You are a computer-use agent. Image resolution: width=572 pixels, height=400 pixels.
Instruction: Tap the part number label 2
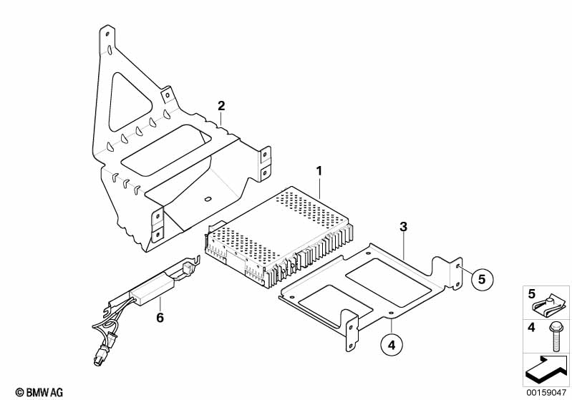221,106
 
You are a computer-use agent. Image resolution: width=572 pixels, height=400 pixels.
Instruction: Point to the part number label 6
160,317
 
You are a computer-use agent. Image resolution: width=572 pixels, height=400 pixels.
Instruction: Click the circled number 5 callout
482,279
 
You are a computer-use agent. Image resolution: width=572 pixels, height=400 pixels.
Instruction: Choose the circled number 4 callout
391,346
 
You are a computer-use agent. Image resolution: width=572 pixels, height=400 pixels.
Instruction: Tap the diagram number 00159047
546,393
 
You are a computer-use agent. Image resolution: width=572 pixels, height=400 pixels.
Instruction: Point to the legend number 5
531,294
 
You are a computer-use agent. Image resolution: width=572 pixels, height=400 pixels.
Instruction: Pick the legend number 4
531,328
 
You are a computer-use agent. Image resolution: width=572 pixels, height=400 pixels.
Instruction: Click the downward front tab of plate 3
352,333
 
